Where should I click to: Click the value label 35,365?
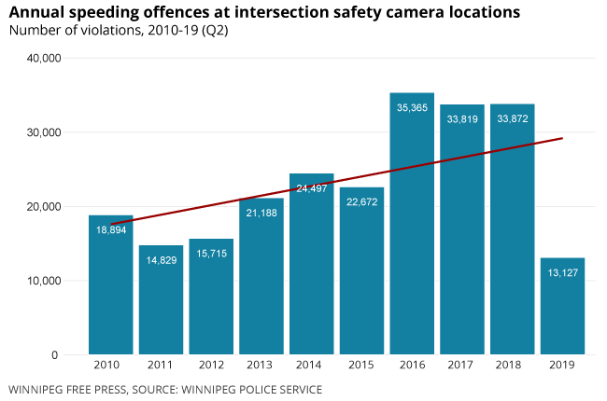click(x=412, y=108)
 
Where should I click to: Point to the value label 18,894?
click(x=111, y=229)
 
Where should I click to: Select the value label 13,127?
click(x=562, y=273)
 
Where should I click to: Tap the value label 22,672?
click(x=361, y=202)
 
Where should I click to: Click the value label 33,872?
click(x=512, y=118)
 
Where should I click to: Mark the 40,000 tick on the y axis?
click(x=41, y=58)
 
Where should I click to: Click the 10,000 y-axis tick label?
click(x=41, y=281)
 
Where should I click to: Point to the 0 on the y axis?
click(x=55, y=355)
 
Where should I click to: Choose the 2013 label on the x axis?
click(x=261, y=366)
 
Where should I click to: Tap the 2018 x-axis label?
click(x=512, y=366)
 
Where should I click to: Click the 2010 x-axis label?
click(x=111, y=366)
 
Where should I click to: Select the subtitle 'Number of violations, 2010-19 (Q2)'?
click(x=118, y=31)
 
